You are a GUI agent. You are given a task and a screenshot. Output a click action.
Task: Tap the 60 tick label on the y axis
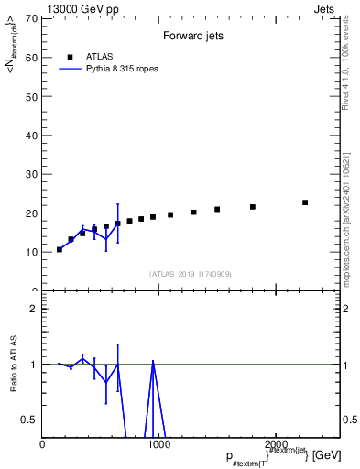32,58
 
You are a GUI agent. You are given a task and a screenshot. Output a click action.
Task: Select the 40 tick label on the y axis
32,136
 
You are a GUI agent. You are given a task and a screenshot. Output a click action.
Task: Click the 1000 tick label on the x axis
157,444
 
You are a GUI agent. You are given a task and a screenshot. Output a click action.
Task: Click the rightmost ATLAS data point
305,202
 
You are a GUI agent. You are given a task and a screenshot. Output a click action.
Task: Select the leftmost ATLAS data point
60,249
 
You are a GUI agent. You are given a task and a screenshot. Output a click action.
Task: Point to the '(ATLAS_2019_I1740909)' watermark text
190,274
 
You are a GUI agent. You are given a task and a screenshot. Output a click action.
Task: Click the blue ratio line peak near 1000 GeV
153,362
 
